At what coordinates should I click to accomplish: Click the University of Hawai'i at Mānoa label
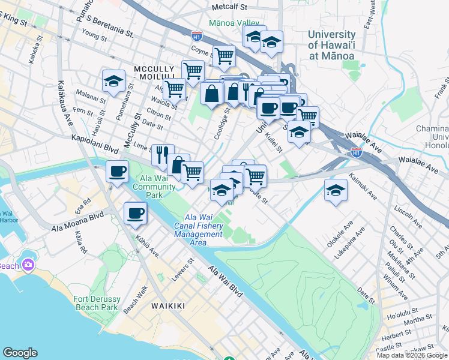coord(331,45)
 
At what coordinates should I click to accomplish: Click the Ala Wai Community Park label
coord(154,187)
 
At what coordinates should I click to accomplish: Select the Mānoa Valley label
coord(234,23)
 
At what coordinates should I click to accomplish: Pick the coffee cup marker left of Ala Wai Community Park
coord(117,171)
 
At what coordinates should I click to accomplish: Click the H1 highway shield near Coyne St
coord(196,36)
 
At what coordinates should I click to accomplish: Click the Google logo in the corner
coord(20,353)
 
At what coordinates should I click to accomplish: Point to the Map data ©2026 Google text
coord(412,355)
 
